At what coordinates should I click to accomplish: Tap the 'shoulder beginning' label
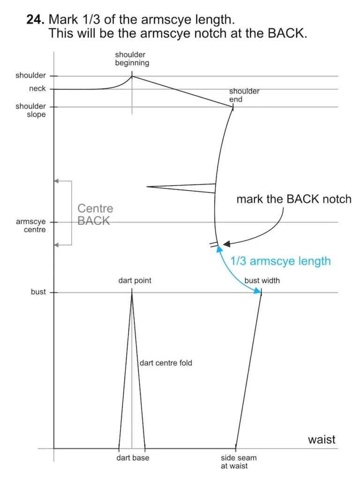132,59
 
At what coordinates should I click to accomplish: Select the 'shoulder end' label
244,95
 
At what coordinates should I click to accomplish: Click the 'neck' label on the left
37,89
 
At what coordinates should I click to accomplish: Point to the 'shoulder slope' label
30,110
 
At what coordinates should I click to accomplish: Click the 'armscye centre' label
30,226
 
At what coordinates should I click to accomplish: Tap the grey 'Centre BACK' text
95,215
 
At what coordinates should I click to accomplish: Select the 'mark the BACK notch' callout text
293,199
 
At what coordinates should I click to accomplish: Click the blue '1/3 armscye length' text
280,261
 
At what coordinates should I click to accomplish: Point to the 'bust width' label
262,281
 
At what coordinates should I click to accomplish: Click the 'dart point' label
135,281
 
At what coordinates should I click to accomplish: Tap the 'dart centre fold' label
166,363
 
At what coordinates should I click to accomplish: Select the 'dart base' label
133,458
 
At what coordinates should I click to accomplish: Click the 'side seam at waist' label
239,462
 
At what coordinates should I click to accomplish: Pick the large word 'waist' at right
322,440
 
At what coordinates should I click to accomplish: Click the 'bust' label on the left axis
38,292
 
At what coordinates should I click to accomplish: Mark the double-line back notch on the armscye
214,244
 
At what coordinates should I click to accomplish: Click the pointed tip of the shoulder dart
147,187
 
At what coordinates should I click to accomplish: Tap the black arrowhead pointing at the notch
226,244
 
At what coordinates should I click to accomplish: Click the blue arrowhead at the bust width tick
257,292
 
